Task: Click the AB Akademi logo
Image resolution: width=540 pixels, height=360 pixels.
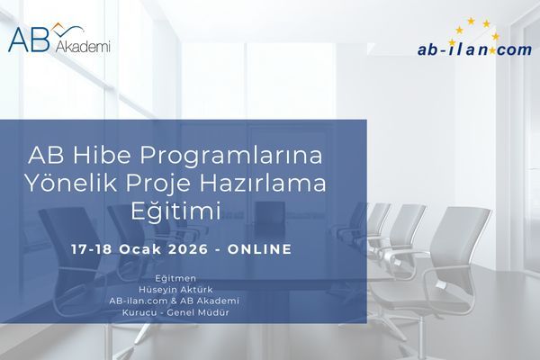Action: (58, 39)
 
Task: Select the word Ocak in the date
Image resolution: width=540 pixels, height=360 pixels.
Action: (147, 248)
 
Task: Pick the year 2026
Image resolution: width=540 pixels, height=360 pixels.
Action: (193, 248)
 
